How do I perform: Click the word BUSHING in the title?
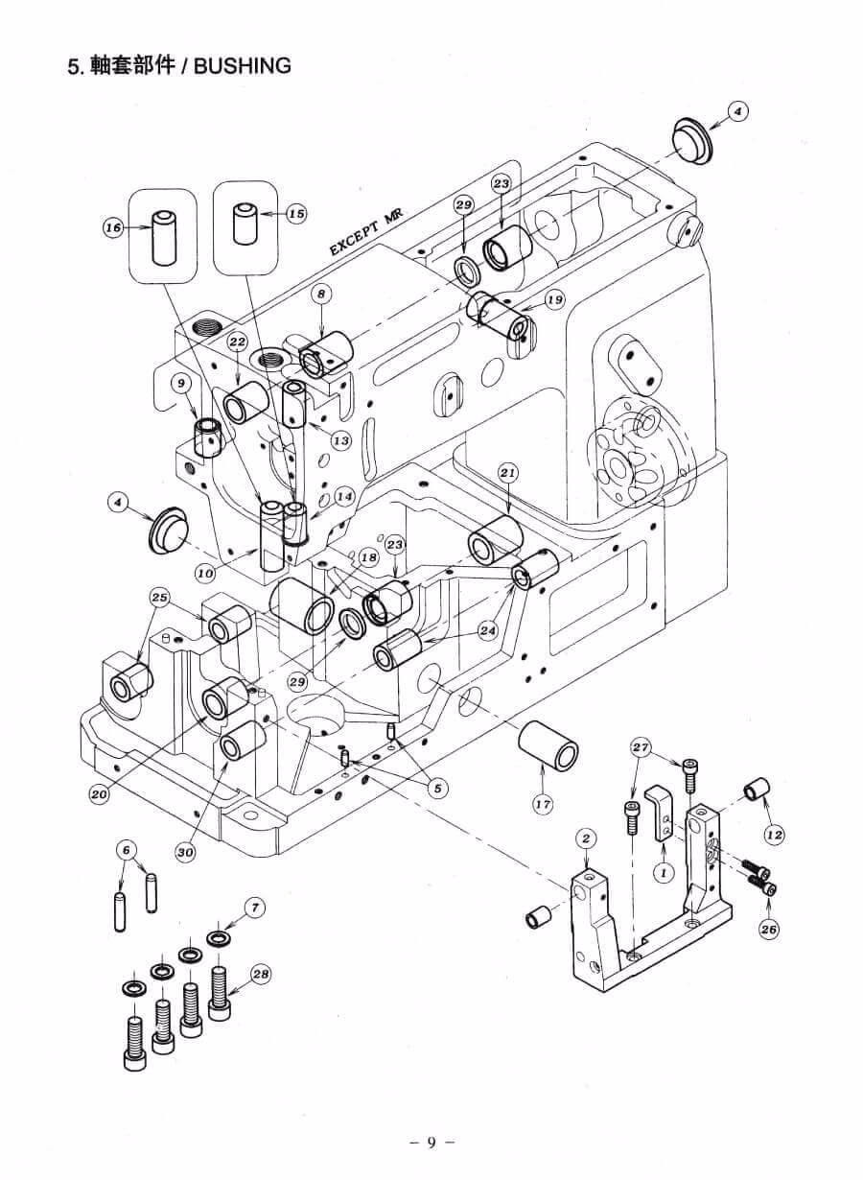[243, 66]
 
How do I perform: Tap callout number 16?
[113, 228]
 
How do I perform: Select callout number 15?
[297, 213]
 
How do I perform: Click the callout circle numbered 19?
[554, 300]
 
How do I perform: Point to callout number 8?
[322, 294]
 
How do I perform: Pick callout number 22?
[238, 342]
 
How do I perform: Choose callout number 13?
[341, 440]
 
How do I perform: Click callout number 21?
[507, 473]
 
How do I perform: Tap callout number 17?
[543, 804]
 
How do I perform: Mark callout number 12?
[774, 835]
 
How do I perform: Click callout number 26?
[769, 929]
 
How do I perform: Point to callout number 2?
[587, 838]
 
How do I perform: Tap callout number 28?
[261, 974]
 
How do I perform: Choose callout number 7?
[255, 908]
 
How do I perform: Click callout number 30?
[185, 852]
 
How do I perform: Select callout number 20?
[99, 794]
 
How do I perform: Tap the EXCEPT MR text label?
[365, 232]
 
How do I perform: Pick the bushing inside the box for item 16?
[163, 238]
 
